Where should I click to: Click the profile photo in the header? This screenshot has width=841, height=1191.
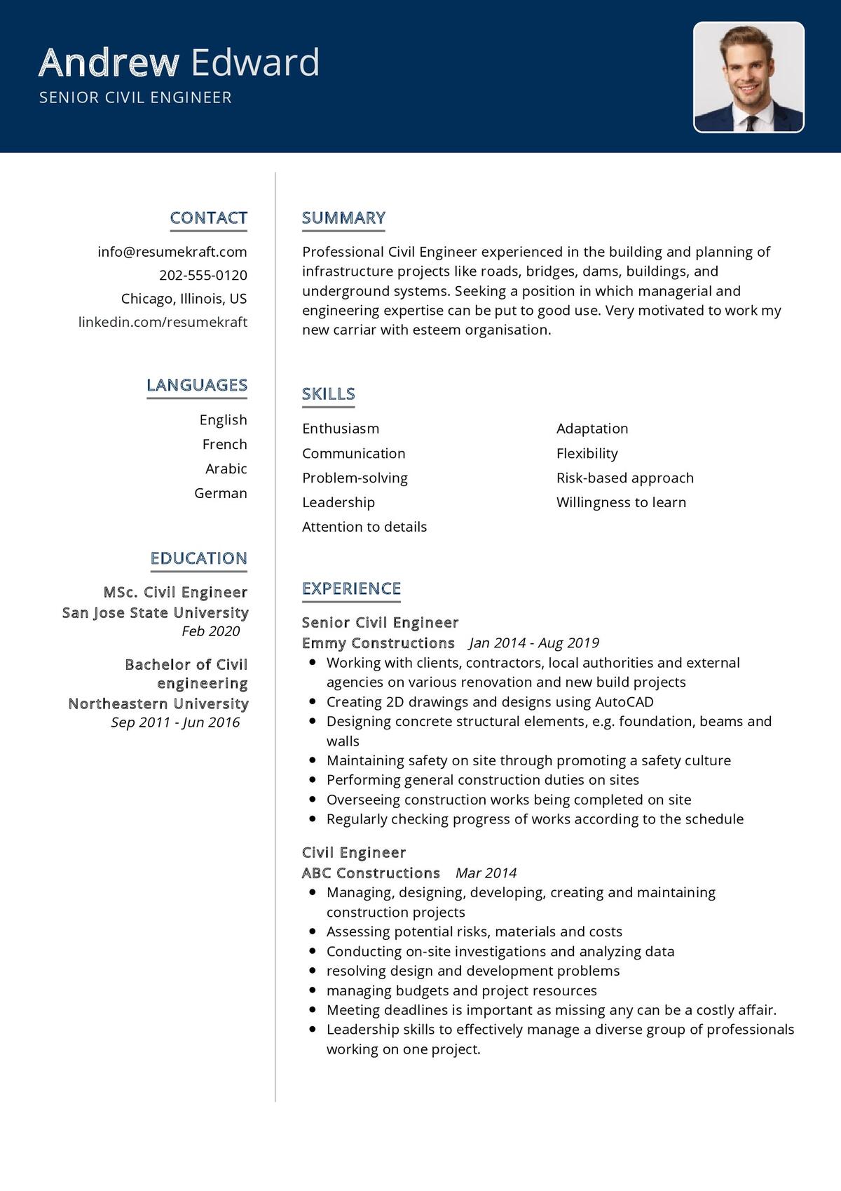click(748, 77)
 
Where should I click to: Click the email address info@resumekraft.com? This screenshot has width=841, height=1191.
click(172, 252)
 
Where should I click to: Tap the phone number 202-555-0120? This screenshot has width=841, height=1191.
click(203, 275)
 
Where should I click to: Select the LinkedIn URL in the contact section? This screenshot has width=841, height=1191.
click(163, 322)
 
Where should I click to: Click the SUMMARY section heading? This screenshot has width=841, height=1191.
click(343, 218)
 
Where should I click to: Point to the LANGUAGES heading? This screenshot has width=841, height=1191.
click(197, 385)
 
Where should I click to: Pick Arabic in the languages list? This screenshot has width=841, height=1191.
click(226, 469)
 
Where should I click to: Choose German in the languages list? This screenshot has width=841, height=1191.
click(221, 493)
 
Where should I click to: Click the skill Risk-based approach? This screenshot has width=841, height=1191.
click(624, 478)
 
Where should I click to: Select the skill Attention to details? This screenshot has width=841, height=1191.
click(364, 527)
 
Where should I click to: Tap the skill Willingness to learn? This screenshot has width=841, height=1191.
click(621, 502)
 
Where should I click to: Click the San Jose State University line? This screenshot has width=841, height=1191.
click(155, 612)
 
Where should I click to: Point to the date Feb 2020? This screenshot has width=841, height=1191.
click(210, 631)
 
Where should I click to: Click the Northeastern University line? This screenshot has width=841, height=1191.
click(158, 704)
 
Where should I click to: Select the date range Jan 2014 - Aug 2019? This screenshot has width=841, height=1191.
click(534, 642)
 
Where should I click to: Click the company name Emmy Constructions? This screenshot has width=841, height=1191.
click(378, 642)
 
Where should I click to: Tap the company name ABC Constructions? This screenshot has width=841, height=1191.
click(371, 873)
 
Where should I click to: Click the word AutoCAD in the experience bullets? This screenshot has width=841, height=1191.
click(624, 701)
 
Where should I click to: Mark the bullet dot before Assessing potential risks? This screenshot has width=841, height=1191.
click(312, 931)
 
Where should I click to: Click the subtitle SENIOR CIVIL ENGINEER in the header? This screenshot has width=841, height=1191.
click(135, 97)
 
